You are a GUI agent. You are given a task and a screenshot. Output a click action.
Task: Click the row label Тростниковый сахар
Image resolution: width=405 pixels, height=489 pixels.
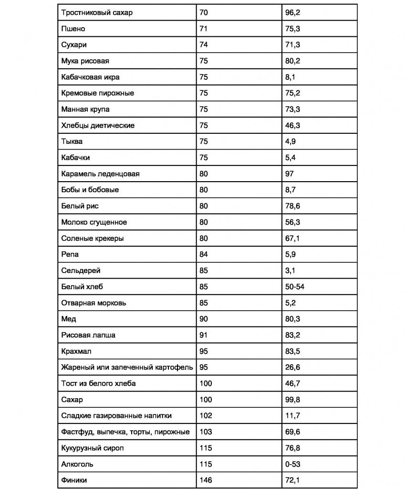click(97, 12)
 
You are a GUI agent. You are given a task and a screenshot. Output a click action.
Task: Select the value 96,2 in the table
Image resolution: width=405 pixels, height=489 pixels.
click(292, 12)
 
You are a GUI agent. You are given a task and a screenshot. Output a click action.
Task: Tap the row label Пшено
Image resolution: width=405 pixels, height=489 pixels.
click(73, 29)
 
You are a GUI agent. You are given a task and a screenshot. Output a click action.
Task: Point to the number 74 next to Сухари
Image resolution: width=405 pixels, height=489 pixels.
click(204, 45)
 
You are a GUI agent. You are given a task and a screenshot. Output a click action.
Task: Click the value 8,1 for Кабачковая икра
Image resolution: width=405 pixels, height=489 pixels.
click(290, 77)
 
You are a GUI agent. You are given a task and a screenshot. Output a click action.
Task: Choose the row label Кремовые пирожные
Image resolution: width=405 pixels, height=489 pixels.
click(97, 93)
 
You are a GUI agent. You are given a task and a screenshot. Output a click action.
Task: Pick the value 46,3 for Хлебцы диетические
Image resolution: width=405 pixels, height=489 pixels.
click(292, 125)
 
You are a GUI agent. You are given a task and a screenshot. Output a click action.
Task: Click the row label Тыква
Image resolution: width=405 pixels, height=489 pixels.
click(72, 141)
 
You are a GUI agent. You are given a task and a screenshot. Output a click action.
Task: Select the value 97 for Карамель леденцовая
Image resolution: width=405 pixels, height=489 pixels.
click(290, 174)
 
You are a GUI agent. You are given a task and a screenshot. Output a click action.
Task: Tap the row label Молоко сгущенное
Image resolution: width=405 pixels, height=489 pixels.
click(94, 222)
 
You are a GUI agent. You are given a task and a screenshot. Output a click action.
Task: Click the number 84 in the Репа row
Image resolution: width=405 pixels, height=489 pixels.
click(204, 254)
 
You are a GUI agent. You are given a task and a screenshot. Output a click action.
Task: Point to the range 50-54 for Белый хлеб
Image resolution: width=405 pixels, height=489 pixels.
click(295, 287)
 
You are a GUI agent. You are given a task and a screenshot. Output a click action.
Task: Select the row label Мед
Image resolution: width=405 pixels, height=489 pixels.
click(69, 319)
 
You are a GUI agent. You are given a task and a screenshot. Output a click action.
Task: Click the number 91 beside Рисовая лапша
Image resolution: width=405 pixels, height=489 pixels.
click(204, 335)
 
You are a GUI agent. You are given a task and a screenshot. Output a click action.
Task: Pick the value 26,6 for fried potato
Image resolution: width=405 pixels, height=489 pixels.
click(292, 368)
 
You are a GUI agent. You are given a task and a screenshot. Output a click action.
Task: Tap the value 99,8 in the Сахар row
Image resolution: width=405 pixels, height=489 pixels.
click(292, 400)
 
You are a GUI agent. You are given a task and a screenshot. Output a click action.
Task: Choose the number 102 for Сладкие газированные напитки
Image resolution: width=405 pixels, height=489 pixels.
click(206, 416)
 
